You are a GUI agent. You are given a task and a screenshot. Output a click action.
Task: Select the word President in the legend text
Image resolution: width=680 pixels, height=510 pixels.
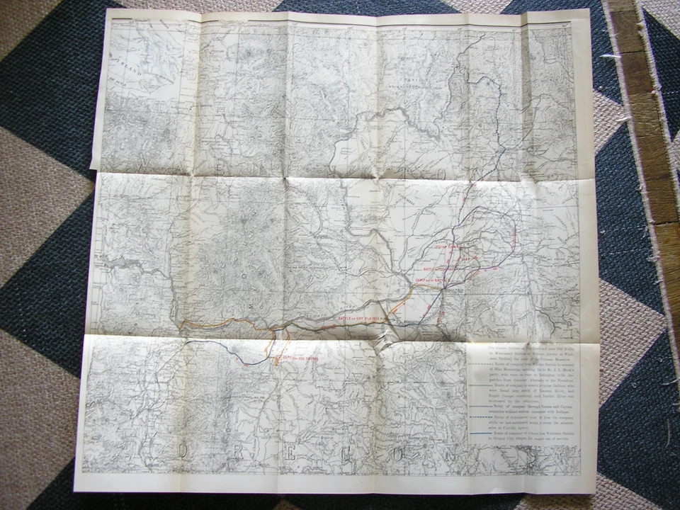point(564,380)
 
